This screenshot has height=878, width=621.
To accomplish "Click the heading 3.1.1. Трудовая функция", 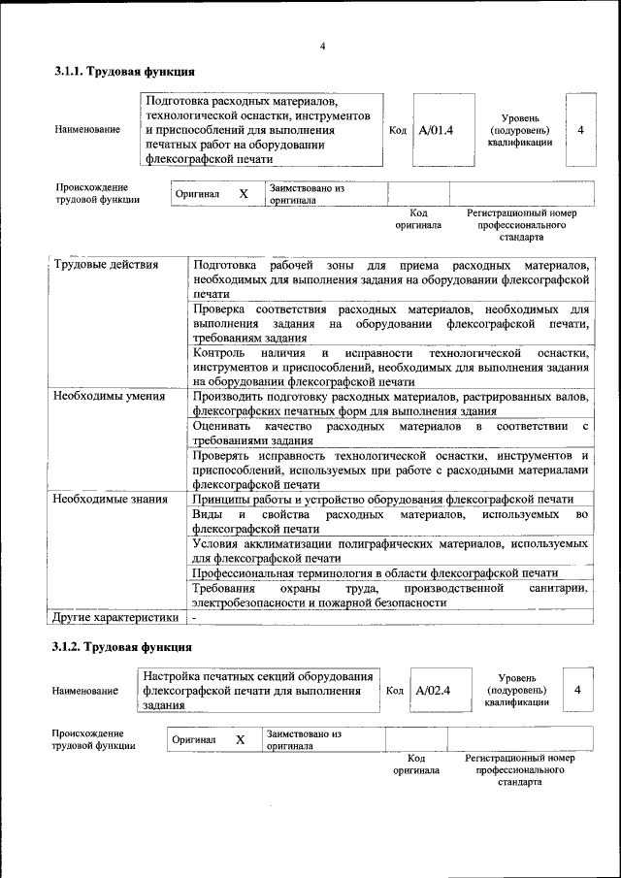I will coord(124,71).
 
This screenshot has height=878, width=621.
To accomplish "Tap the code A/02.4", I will coord(433,691).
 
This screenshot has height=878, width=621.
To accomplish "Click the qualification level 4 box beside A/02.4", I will coord(577,690).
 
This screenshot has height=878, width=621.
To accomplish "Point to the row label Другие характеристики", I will coord(115,616).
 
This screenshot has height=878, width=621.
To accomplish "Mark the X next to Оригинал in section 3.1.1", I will coord(244,194).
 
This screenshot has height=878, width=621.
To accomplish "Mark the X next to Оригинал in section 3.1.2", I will coord(240,740).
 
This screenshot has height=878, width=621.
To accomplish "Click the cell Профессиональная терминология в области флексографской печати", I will coord(375,573).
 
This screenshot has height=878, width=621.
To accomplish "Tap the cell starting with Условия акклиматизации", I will coord(390,551).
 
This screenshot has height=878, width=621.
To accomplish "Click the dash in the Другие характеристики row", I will coord(194,617).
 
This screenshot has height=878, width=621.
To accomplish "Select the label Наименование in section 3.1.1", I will coord(88,130).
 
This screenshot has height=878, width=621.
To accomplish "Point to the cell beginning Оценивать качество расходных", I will coord(390,433).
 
